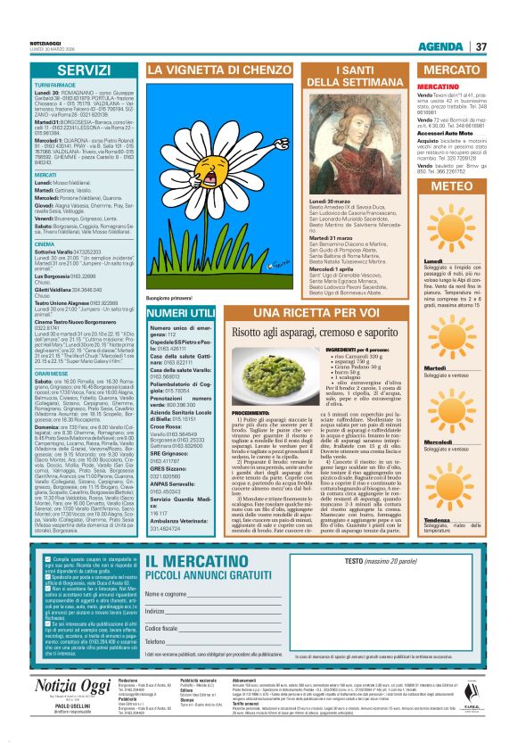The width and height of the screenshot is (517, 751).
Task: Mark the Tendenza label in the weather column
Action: [436, 494]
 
